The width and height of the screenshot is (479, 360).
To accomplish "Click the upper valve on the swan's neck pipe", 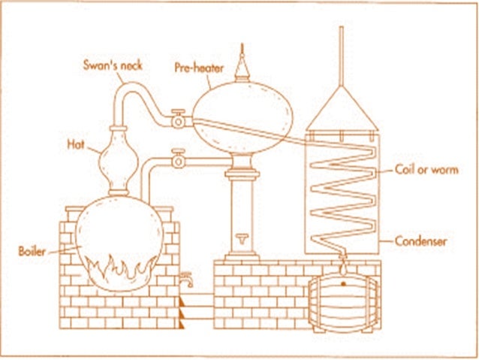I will (x=178, y=119).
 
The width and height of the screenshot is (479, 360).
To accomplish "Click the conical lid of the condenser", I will (x=342, y=113).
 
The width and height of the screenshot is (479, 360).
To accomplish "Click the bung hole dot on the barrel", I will (x=343, y=283).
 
